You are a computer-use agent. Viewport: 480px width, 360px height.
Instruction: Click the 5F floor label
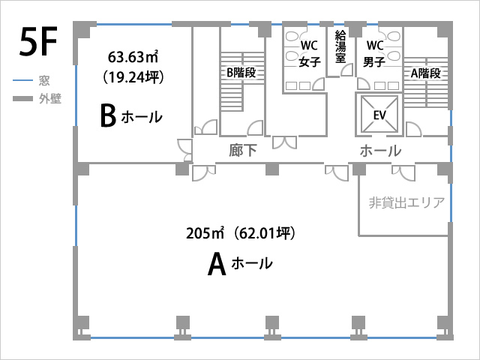point(38,42)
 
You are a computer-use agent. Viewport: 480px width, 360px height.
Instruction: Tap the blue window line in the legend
point(22,80)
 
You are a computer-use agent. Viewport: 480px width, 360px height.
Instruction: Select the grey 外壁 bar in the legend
point(22,98)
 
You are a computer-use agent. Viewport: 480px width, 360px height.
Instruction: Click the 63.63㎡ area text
point(133,57)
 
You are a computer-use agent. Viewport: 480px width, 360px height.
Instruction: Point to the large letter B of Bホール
point(108,115)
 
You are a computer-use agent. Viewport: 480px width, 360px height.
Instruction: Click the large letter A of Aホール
point(217,265)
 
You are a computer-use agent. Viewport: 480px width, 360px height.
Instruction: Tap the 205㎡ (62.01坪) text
point(241,233)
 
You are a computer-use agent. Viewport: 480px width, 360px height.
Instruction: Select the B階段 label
point(241,73)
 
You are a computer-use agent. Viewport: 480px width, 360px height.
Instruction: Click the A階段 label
point(426,73)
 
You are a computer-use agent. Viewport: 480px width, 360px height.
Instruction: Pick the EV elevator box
point(379,115)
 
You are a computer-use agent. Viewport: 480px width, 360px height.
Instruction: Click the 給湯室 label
point(340,46)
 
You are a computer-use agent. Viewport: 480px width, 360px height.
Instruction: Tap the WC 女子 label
point(310,53)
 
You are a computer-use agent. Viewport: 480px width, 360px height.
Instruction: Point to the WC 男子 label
point(374,53)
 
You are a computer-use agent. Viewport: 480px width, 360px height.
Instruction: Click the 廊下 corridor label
point(243,151)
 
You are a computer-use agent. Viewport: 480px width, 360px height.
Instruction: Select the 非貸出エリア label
point(406,202)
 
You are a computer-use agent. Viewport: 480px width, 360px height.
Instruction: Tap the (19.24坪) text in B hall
point(133,77)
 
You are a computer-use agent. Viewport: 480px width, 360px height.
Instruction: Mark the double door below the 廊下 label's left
point(204,173)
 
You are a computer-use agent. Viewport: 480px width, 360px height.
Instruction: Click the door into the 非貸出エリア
point(403,173)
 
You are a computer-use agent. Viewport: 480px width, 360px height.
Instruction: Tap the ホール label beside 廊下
point(380,151)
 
